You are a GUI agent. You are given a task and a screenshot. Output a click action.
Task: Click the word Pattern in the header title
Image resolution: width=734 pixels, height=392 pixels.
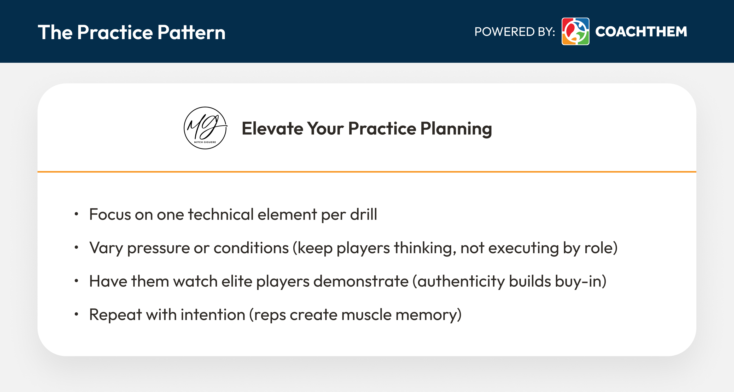[191, 32]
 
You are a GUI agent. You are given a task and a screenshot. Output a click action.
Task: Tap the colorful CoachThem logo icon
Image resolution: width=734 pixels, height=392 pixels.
[575, 31]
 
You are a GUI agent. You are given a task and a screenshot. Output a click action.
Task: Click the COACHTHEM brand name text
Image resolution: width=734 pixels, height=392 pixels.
[641, 32]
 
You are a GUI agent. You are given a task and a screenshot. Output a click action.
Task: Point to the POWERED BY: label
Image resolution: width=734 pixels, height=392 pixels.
[515, 32]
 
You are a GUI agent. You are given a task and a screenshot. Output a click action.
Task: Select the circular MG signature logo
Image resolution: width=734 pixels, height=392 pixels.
[205, 128]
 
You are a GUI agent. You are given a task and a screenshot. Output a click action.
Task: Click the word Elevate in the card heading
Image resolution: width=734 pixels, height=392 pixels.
[272, 128]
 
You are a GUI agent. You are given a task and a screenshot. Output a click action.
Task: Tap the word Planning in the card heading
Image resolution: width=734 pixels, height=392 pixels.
[456, 129]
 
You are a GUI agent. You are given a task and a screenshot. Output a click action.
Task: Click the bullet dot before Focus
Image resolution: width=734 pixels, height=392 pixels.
[76, 214]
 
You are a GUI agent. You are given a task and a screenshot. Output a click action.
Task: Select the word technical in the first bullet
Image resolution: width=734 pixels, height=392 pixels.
[220, 214]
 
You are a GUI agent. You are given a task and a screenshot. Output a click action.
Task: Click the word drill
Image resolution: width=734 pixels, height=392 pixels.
[363, 214]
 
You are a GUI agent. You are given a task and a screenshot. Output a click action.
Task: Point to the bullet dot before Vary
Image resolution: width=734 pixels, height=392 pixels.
[76, 247]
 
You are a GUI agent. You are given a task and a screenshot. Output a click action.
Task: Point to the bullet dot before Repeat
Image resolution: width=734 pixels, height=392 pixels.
[76, 314]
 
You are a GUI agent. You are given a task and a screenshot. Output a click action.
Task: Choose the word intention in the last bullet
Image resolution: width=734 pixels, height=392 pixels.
[213, 314]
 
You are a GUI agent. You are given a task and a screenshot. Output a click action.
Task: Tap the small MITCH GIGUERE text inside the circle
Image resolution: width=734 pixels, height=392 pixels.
[205, 142]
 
